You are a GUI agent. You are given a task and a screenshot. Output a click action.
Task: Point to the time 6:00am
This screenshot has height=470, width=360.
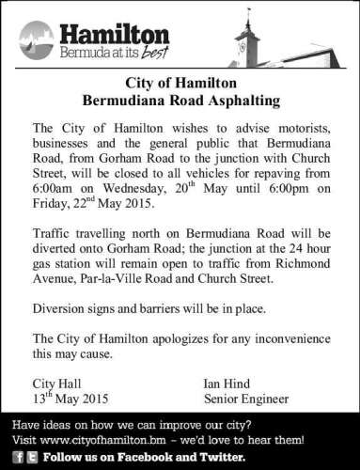pyautogui.click(x=54, y=190)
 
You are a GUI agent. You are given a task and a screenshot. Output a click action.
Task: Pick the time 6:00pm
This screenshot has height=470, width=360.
pyautogui.click(x=275, y=190)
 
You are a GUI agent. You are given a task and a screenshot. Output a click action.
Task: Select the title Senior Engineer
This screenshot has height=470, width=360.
pyautogui.click(x=245, y=399)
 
